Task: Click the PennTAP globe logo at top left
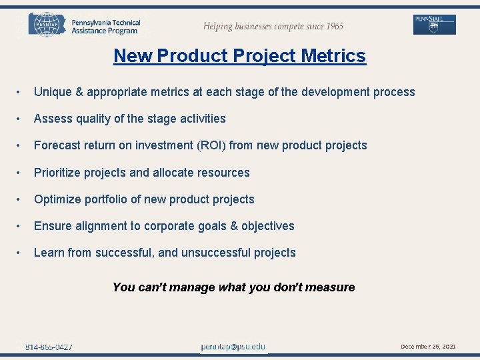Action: click(47, 24)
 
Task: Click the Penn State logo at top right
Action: click(435, 24)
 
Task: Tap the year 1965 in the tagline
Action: click(331, 27)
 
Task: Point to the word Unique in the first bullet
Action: click(53, 92)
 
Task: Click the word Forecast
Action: click(59, 145)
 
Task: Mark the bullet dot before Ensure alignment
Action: click(21, 226)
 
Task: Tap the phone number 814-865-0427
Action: click(49, 347)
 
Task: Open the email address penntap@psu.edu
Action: click(233, 347)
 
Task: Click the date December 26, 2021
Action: click(428, 347)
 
